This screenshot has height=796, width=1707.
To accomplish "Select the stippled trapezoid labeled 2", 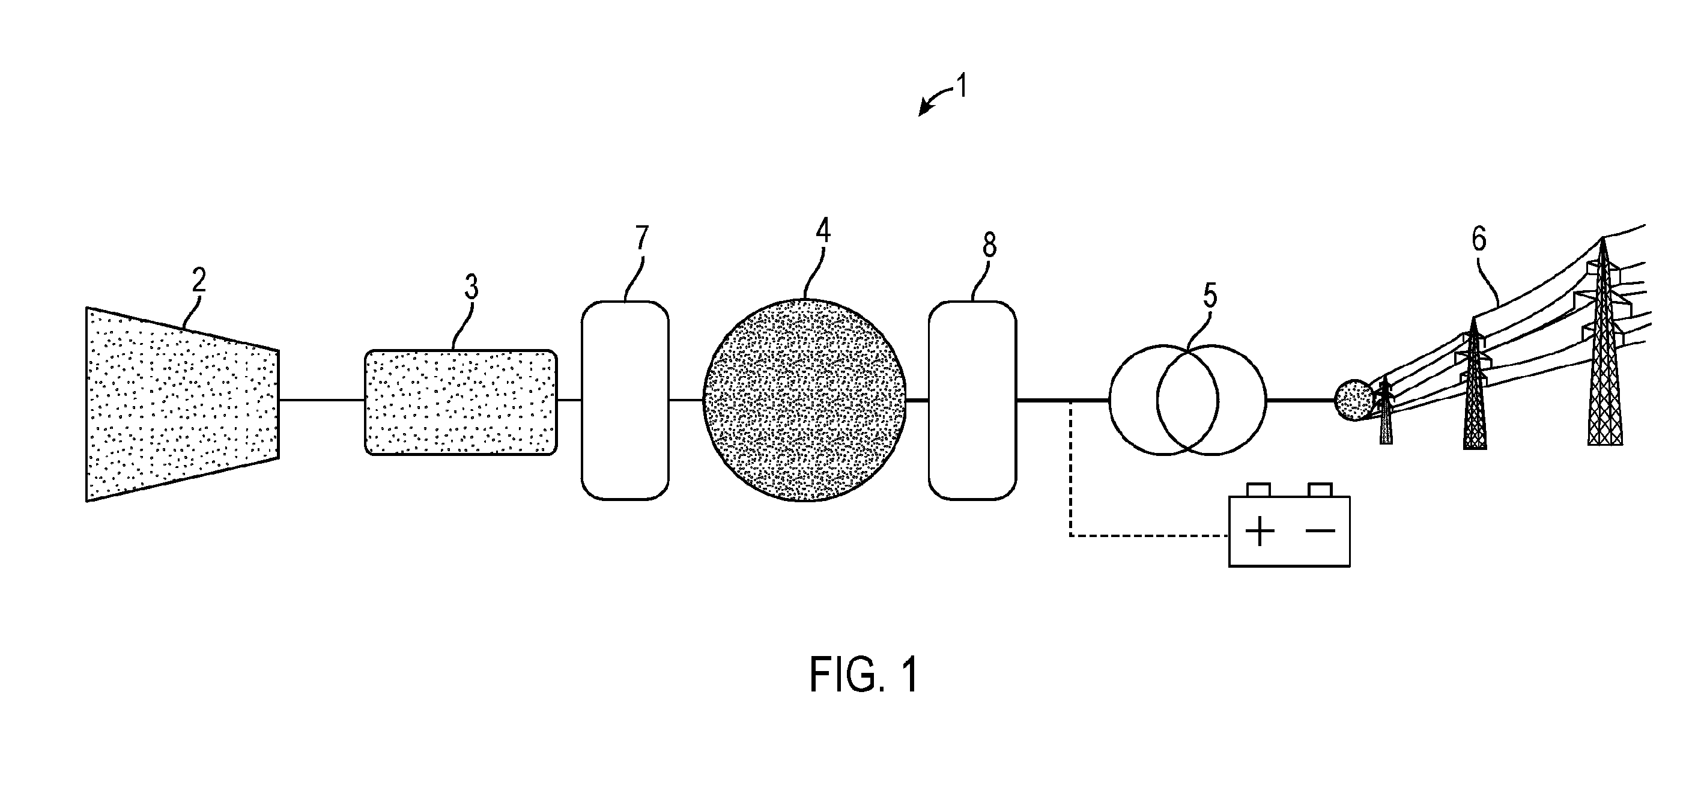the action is pos(182,404).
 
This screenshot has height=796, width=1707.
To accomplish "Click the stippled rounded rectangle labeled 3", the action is pos(461,403).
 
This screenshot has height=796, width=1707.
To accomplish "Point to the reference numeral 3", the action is pos(470,287).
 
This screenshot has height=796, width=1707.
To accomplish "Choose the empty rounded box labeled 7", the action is pos(625,400).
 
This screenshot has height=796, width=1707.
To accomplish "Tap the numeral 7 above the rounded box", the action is pos(641,237).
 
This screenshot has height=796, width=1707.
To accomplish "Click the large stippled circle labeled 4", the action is pos(805,400).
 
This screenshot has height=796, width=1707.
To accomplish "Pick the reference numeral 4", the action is pos(822,230).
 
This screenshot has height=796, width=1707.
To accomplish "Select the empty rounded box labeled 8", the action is pos(972,400).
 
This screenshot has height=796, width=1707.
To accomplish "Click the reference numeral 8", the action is pos(989,245).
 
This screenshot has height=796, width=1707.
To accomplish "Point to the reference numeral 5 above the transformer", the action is pos(1210,296).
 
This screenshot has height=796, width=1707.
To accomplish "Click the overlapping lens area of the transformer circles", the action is pos(1187,400).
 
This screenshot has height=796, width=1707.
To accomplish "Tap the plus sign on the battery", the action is pos(1260,532).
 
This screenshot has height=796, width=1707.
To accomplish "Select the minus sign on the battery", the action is pos(1320,530).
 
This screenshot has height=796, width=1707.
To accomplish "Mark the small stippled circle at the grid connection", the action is pos(1354,400).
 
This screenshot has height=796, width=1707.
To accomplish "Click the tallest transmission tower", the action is pos(1604,341).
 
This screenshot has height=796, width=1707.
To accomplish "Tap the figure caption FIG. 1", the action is pos(864,675).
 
